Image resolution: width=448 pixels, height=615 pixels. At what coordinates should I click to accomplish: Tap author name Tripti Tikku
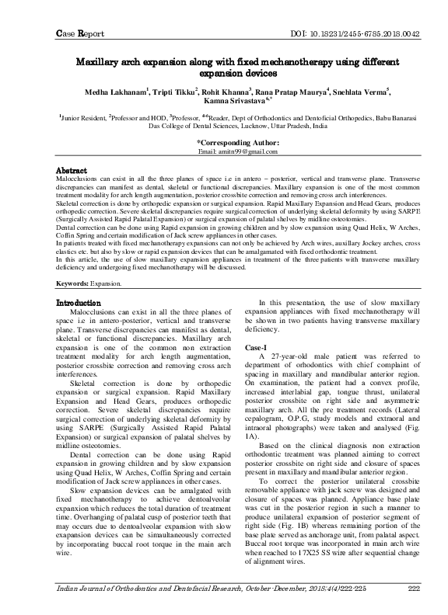(x=175, y=89)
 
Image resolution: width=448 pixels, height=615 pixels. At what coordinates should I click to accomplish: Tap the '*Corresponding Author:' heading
(x=237, y=143)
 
